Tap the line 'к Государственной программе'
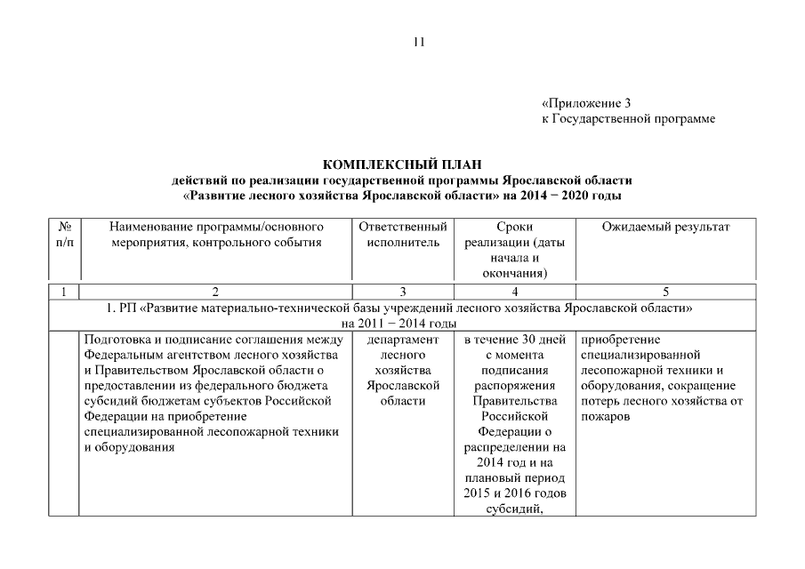[628, 118]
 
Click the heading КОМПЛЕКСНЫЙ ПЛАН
[401, 164]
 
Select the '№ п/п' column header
[64, 235]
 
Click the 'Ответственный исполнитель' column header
[402, 235]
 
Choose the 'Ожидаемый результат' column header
[665, 228]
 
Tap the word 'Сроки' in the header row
[515, 228]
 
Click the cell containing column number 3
[402, 292]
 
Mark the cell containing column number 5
[665, 292]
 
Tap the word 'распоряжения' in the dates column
[515, 386]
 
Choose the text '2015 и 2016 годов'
[515, 493]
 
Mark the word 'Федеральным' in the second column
[124, 355]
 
